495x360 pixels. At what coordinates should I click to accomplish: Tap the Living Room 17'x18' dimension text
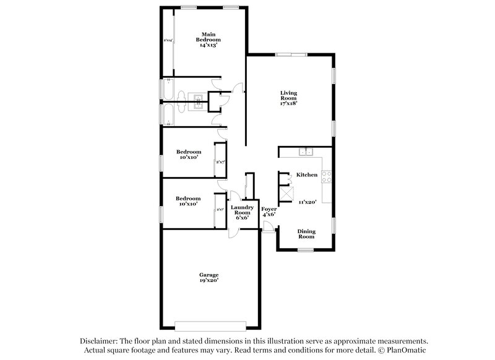point(288,103)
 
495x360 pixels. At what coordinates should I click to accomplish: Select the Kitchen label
point(307,175)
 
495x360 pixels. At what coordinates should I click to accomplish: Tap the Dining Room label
point(307,234)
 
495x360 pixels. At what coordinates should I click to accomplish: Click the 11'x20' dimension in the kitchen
point(307,202)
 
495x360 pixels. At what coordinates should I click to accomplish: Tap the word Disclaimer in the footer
point(101,341)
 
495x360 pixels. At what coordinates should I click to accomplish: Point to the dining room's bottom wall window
point(306,250)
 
